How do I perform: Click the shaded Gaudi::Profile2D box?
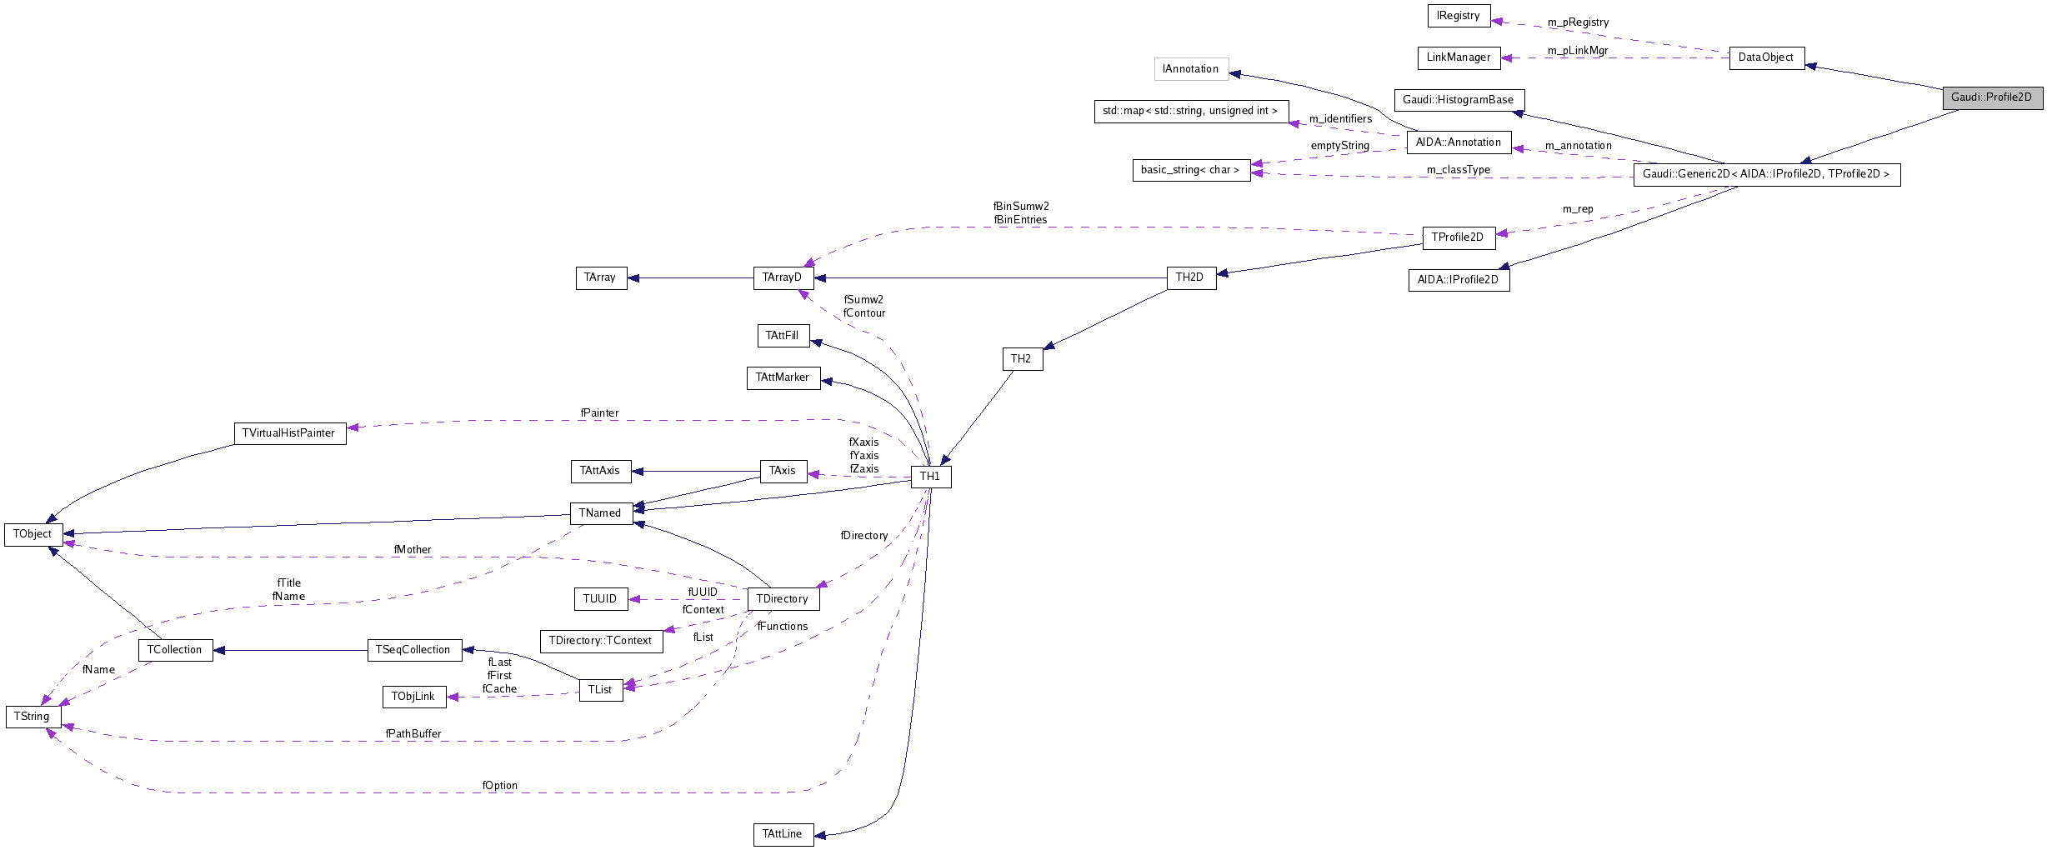tap(1992, 97)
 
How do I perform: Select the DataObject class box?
tap(1766, 57)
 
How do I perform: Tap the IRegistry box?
tap(1458, 16)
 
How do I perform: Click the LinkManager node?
tap(1458, 57)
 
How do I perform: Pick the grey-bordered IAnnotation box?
tap(1190, 69)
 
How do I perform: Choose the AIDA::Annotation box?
tap(1458, 142)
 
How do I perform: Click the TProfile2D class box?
tap(1458, 237)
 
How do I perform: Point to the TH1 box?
tap(930, 477)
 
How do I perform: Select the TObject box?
tap(33, 534)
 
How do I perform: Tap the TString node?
tap(33, 717)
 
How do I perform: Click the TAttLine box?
tap(783, 834)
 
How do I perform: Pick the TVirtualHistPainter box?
tap(289, 433)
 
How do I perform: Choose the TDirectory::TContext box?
tap(601, 641)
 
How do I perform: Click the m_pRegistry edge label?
tap(1578, 22)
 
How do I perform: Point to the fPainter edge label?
tap(599, 413)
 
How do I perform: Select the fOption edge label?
tap(499, 786)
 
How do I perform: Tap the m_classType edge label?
tap(1458, 170)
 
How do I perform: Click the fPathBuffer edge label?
tap(413, 734)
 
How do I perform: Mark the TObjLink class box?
tap(413, 697)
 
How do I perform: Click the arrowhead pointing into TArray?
tap(633, 278)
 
